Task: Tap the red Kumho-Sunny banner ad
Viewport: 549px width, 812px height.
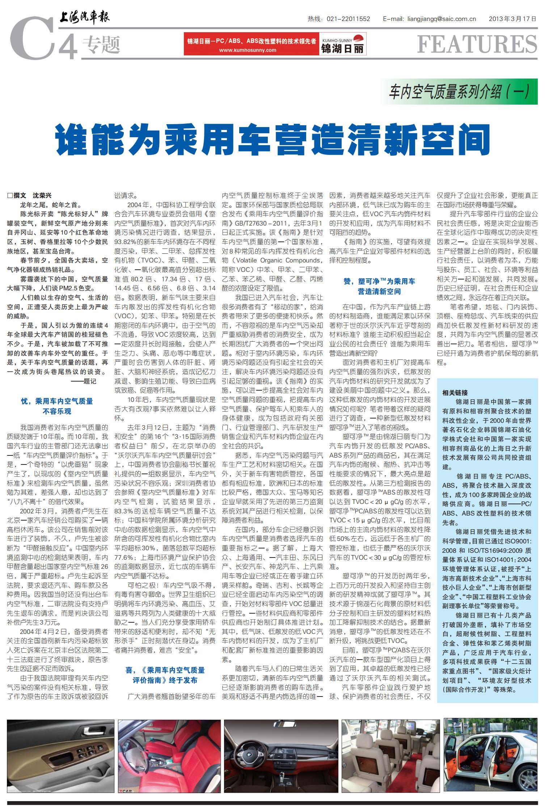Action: (275, 44)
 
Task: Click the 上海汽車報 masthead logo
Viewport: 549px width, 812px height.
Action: (84, 17)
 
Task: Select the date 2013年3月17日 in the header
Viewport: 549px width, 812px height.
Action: (512, 19)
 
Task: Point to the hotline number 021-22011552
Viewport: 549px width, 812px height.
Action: (348, 19)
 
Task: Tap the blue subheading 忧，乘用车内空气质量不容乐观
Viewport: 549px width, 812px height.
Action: (57, 406)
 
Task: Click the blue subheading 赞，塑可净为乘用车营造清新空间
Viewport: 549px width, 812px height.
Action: (379, 286)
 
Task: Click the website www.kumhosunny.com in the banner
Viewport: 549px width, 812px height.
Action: (248, 50)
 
